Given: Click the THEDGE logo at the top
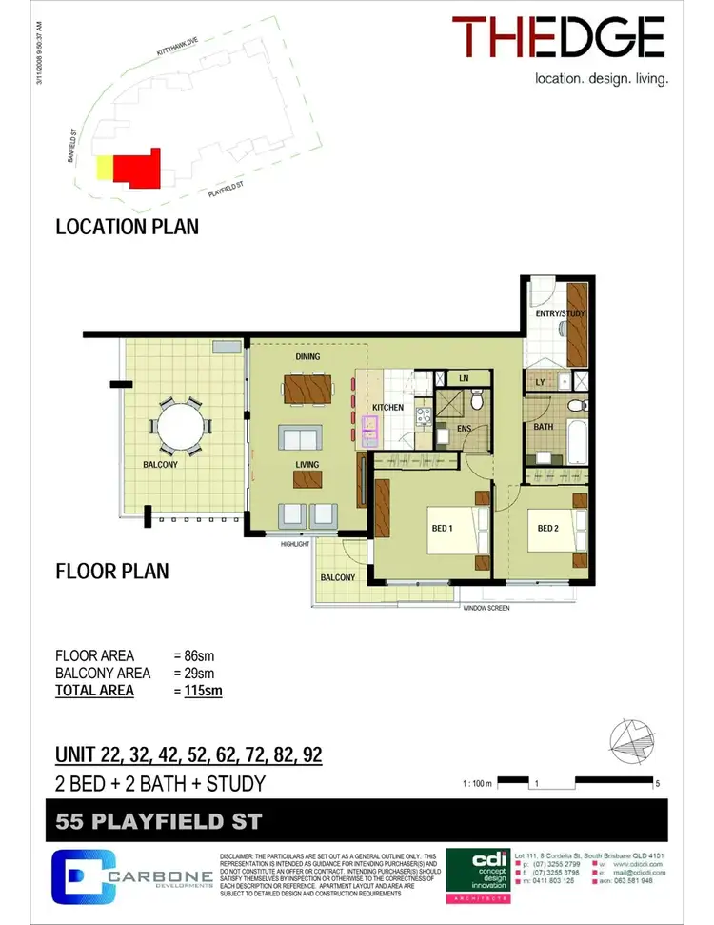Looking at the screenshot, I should tap(558, 38).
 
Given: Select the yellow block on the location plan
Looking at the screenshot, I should tap(103, 169).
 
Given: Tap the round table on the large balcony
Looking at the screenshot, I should tap(179, 426).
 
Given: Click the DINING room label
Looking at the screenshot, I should tap(307, 357).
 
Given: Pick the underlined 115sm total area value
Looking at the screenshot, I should tap(203, 690).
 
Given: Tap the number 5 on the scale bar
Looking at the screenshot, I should tap(657, 784).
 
